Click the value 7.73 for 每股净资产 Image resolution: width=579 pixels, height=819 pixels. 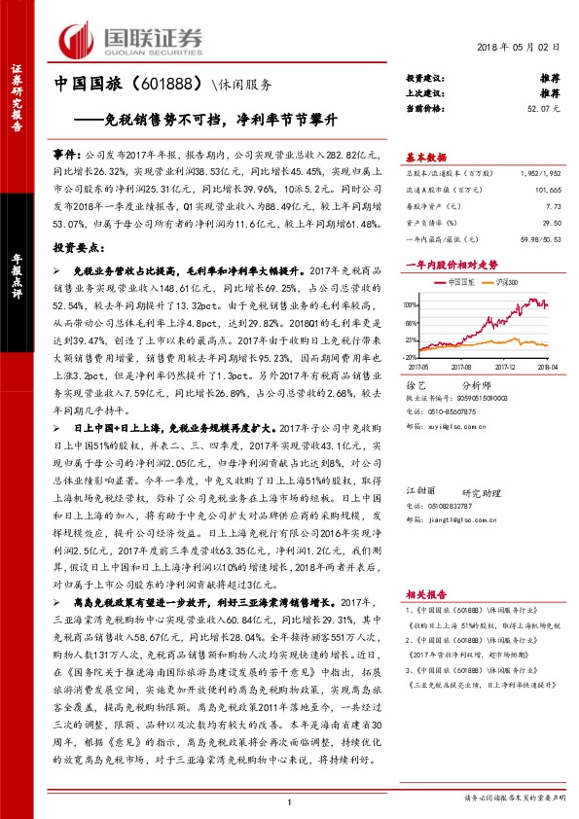click(x=554, y=207)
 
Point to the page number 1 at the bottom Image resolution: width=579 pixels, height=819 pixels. click(x=290, y=801)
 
